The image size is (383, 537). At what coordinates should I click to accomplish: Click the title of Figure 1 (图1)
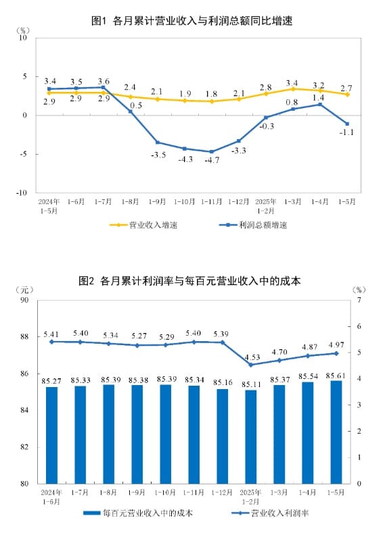(x=191, y=21)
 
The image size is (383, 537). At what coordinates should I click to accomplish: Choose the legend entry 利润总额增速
(x=253, y=224)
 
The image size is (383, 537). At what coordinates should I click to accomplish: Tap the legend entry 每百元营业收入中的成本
(x=137, y=513)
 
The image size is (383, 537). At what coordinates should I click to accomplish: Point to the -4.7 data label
(x=212, y=161)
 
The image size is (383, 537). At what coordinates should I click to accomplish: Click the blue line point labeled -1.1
(x=347, y=124)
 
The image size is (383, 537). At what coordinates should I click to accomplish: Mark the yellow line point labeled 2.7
(x=347, y=95)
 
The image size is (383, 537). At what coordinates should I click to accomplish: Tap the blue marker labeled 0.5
(x=131, y=111)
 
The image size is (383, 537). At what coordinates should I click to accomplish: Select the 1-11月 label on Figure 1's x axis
(x=212, y=201)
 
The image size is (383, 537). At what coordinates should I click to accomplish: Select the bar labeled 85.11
(x=251, y=436)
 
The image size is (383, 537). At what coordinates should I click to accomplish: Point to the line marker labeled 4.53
(x=251, y=365)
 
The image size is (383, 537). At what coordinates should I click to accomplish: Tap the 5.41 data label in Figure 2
(x=52, y=334)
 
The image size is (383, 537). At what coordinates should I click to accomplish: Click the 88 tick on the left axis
(x=24, y=336)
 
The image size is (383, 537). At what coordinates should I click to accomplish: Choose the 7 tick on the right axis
(x=359, y=300)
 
